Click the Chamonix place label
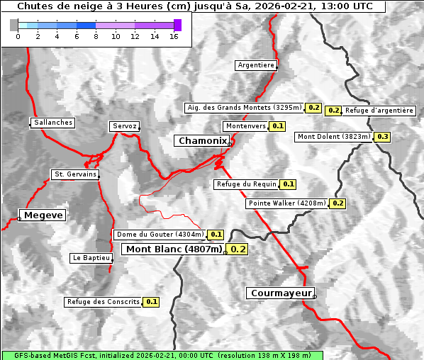[x=203, y=141]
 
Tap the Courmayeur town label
[x=280, y=293]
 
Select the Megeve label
[x=43, y=215]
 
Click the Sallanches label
[x=53, y=123]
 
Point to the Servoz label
[x=124, y=126]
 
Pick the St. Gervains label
[x=75, y=174]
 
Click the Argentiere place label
[x=256, y=65]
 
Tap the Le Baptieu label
[x=91, y=258]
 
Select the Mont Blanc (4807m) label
[x=174, y=249]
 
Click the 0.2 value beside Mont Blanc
[x=238, y=249]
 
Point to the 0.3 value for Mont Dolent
[x=383, y=137]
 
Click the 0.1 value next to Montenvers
[x=278, y=126]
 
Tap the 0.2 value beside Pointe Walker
[x=337, y=203]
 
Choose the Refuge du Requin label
[x=246, y=184]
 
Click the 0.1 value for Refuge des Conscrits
[x=151, y=302]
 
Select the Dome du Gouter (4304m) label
[x=160, y=235]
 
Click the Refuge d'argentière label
[x=379, y=111]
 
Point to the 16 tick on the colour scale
[x=174, y=35]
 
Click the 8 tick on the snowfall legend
[x=95, y=35]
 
